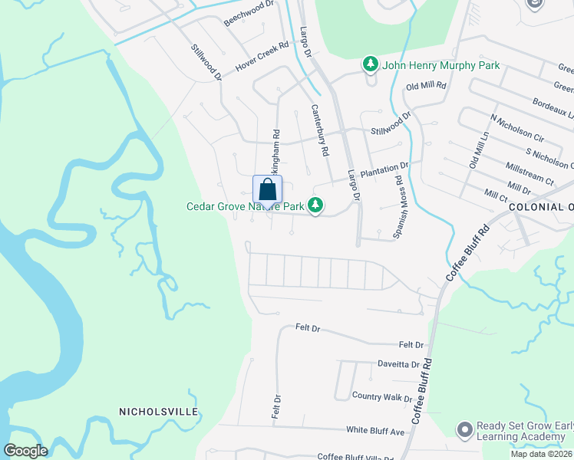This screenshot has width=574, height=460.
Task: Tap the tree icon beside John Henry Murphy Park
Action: (x=371, y=65)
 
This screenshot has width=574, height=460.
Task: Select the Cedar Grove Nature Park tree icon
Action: (x=315, y=205)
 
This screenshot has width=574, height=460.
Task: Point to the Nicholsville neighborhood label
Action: (x=159, y=412)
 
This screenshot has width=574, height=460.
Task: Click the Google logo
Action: (x=25, y=451)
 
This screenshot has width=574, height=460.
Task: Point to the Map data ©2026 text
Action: (x=541, y=454)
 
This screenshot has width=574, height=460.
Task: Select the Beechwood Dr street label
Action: (x=249, y=14)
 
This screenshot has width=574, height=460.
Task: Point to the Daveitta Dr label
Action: (x=398, y=365)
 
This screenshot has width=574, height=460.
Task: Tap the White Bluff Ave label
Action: (x=374, y=432)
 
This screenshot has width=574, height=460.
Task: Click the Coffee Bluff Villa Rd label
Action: (x=355, y=456)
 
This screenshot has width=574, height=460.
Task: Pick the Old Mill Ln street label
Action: (x=479, y=150)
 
